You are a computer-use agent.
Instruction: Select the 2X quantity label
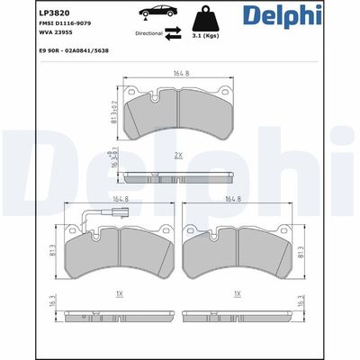pos(180,156)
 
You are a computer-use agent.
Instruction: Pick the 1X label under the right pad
pos(237,293)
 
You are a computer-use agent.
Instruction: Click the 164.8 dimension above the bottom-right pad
pos(237,200)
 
